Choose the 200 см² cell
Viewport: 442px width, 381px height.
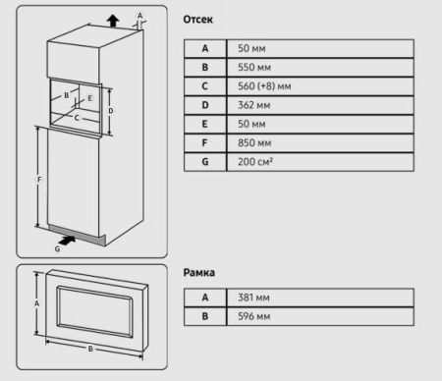pyautogui.click(x=248, y=162)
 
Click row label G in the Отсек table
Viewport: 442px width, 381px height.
pyautogui.click(x=204, y=162)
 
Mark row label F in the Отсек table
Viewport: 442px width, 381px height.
pyautogui.click(x=204, y=143)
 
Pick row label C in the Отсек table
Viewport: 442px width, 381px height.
pyautogui.click(x=204, y=86)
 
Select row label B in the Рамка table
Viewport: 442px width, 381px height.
pyautogui.click(x=204, y=316)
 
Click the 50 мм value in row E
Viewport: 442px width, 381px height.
pyautogui.click(x=246, y=125)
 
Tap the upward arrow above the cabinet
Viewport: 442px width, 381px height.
pyautogui.click(x=111, y=19)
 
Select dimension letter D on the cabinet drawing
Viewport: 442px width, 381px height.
pyautogui.click(x=110, y=111)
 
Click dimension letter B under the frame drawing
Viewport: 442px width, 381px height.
pyautogui.click(x=90, y=349)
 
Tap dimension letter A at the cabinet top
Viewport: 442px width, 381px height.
pyautogui.click(x=139, y=15)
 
